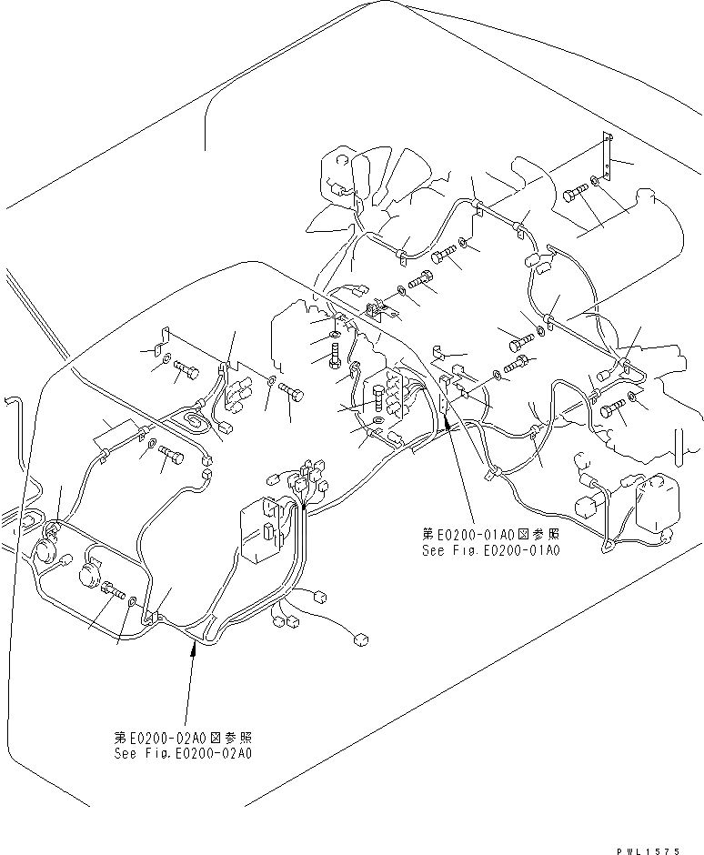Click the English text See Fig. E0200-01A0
pos(490,551)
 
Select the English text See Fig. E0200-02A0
pos(183,753)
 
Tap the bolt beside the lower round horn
pos(115,592)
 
